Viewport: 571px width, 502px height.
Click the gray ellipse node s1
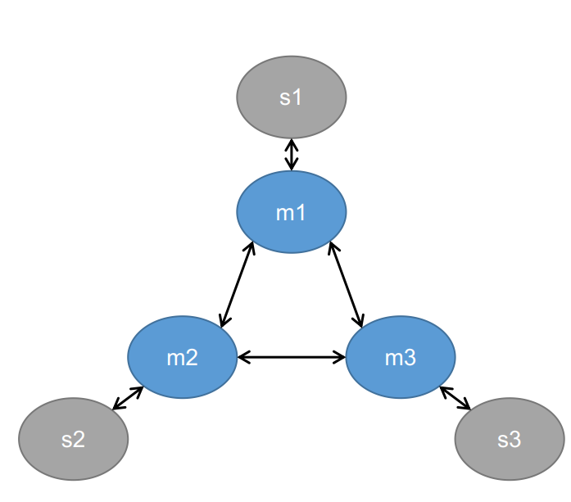point(292,97)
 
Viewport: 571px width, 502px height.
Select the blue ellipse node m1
point(292,212)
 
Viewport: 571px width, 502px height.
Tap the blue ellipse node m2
point(182,357)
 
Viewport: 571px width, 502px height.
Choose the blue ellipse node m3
point(401,357)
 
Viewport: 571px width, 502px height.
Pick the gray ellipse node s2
point(73,439)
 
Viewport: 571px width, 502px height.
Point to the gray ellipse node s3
point(509,439)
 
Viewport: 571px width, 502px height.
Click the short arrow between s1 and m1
point(292,155)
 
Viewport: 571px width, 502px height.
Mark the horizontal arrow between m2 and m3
point(292,357)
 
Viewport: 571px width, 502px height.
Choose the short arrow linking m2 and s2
point(128,397)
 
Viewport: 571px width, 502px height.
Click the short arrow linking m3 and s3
point(455,398)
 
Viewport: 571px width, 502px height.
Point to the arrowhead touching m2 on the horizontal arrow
point(242,357)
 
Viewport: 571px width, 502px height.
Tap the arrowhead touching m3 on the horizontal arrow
point(340,357)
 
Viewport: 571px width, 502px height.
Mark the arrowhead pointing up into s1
point(292,142)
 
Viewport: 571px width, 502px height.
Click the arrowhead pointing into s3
point(467,405)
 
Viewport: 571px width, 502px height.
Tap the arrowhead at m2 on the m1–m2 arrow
point(224,323)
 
